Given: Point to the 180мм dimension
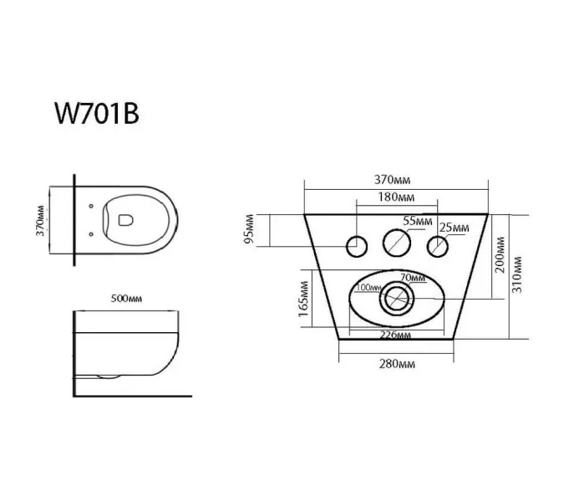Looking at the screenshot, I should click(x=396, y=197).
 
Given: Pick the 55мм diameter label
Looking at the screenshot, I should click(x=418, y=222).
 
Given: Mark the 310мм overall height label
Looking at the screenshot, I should click(x=519, y=273).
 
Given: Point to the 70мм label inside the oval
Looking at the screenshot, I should click(x=410, y=277).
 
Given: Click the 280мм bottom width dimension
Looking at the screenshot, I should click(x=397, y=365).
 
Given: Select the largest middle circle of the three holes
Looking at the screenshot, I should click(x=397, y=243).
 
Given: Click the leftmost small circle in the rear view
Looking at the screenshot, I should click(x=356, y=244).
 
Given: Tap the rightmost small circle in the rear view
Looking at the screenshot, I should click(x=437, y=244).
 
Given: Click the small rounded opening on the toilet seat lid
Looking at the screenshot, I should click(x=125, y=219).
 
